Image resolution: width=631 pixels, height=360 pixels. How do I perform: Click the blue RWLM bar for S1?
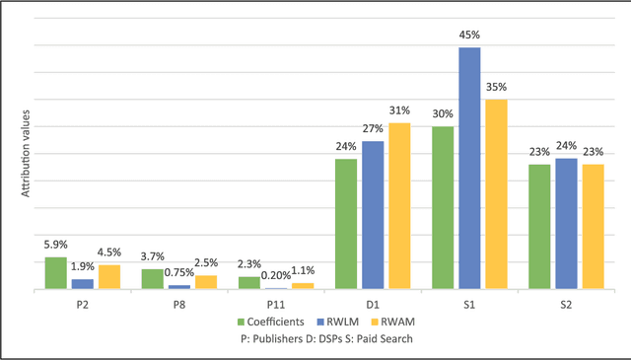(x=469, y=169)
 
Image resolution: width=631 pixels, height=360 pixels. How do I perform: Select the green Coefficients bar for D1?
(x=345, y=224)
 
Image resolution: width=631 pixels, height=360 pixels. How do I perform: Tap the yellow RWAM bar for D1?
(x=399, y=206)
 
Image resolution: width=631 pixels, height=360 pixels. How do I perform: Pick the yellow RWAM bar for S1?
(x=496, y=194)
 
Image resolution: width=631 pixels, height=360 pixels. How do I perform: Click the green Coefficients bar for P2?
(x=55, y=273)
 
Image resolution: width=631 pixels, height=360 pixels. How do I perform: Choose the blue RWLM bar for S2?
(x=566, y=224)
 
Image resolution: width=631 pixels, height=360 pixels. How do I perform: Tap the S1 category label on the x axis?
(x=469, y=304)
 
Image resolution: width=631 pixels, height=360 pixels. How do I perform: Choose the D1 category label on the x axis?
(x=373, y=304)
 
